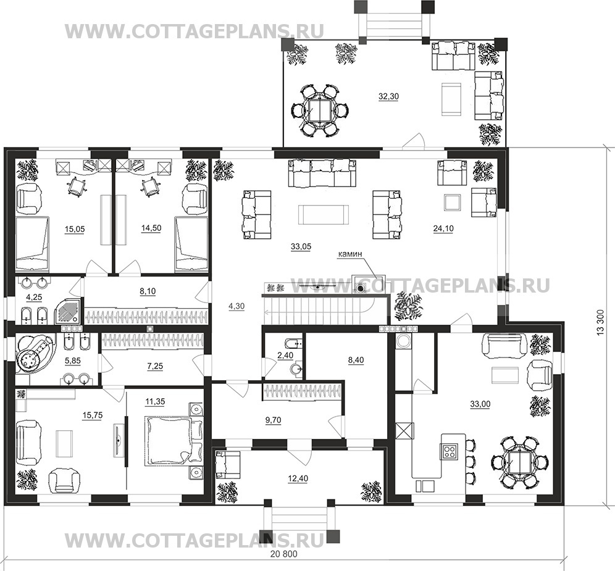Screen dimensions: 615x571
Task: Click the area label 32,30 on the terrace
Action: point(388,96)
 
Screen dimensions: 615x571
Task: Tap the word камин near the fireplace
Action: point(350,254)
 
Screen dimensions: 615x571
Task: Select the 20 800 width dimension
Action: point(284,554)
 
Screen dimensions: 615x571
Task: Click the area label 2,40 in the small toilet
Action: point(285,356)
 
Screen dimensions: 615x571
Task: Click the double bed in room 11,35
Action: point(174,441)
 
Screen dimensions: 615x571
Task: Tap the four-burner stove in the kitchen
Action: point(449,451)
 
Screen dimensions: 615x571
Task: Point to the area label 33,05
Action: point(301,247)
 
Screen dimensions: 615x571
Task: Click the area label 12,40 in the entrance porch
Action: point(298,478)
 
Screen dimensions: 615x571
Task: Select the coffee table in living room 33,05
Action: point(323,214)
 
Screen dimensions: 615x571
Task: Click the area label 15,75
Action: point(93,415)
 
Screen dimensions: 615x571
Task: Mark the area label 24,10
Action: point(443,228)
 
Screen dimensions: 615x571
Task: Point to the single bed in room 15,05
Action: point(32,244)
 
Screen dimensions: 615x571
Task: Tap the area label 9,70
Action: point(273,420)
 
